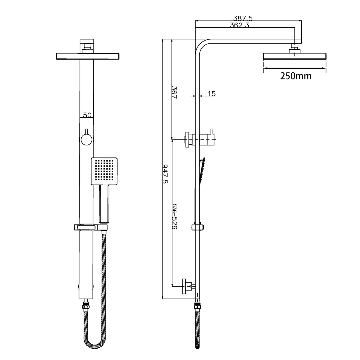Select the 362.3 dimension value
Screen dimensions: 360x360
239,25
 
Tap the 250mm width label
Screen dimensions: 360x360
296,76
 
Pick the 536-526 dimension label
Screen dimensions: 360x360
175,216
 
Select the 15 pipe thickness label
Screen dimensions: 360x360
211,94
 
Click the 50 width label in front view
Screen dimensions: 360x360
87,115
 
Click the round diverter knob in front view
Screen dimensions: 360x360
87,139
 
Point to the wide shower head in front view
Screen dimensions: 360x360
87,56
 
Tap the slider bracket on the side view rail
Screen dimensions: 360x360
198,227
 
